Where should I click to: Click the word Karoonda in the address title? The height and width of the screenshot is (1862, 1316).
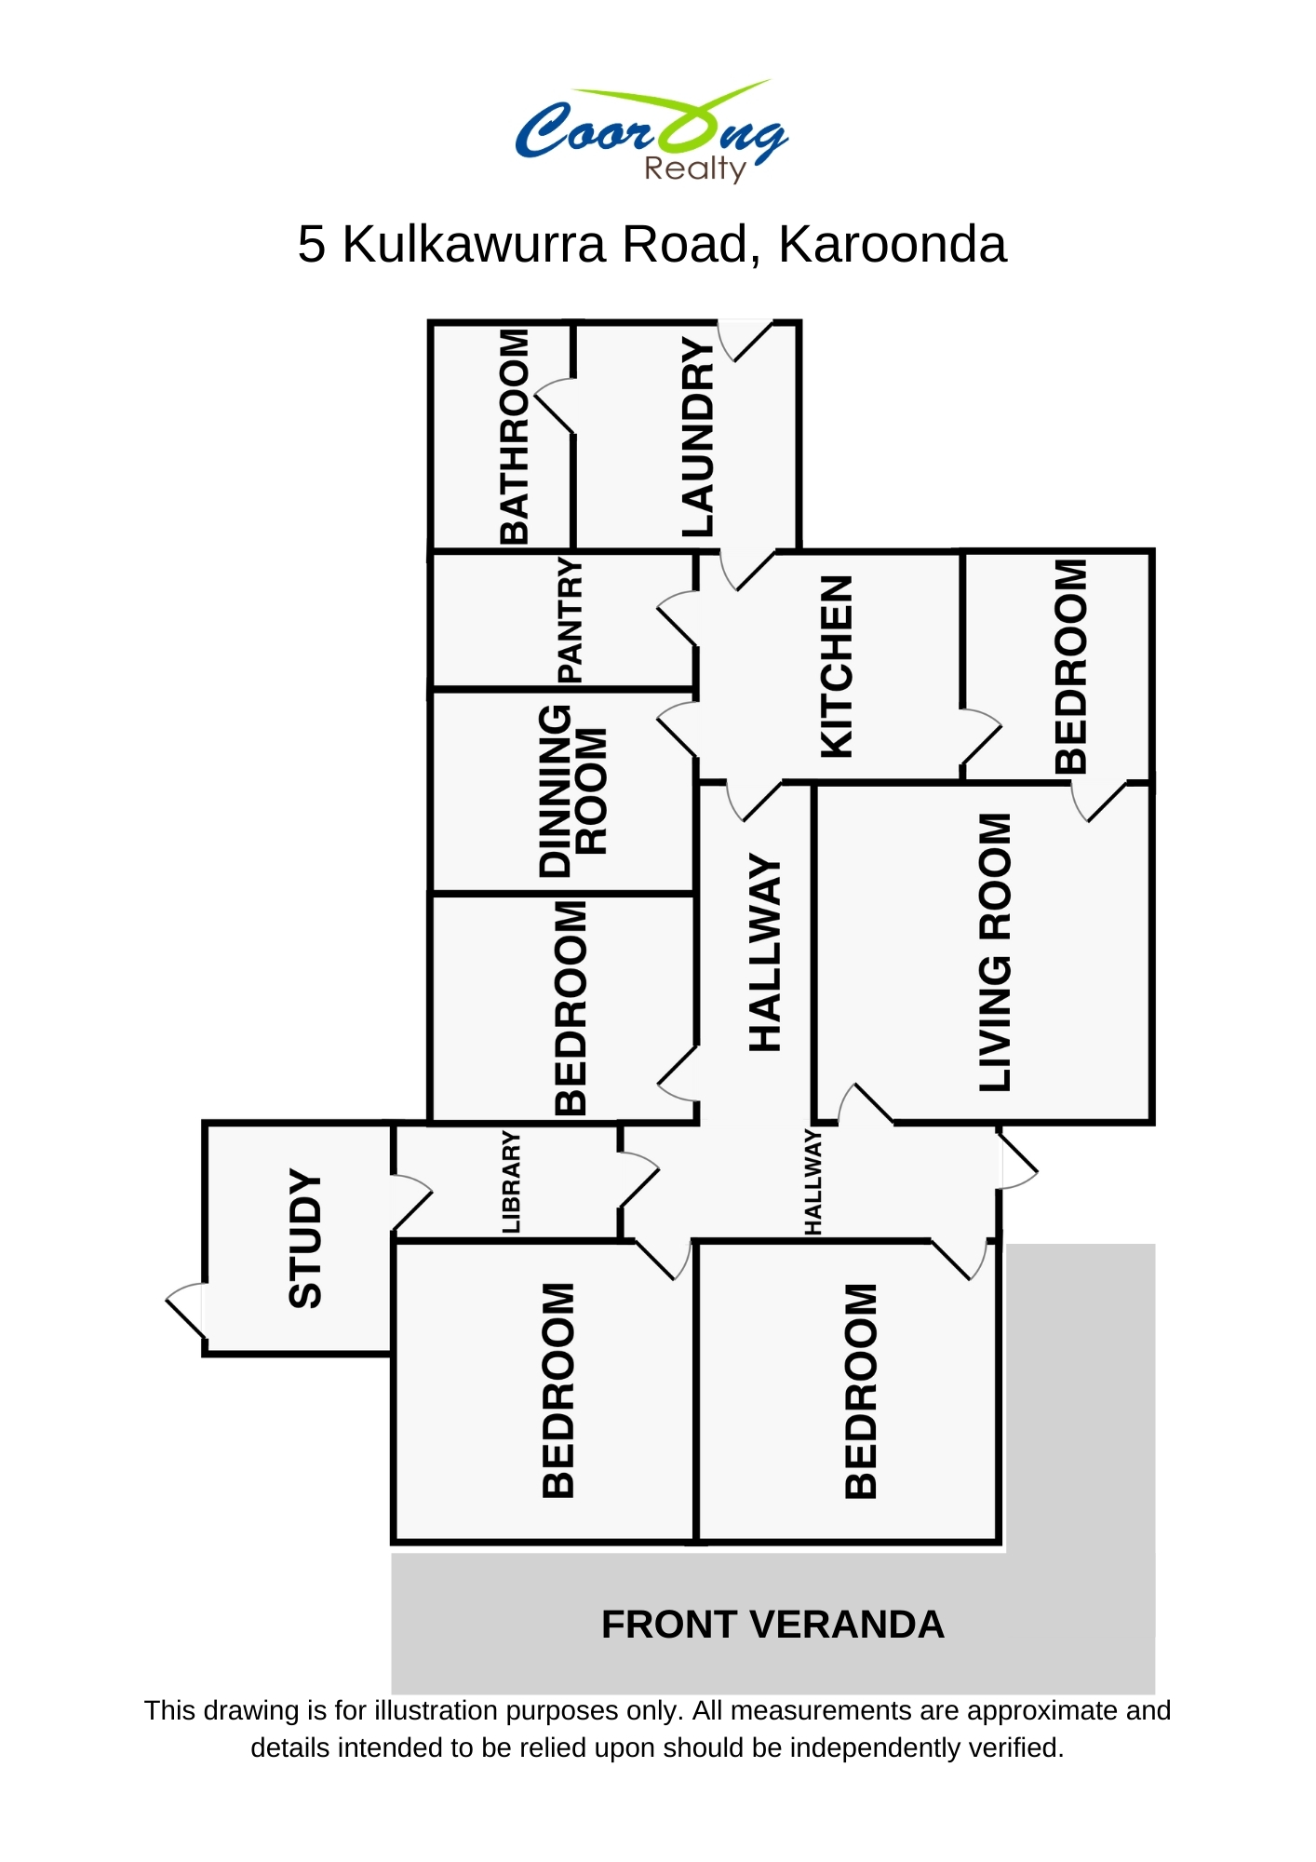pyautogui.click(x=892, y=245)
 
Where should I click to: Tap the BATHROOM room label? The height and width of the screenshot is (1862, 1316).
pyautogui.click(x=514, y=436)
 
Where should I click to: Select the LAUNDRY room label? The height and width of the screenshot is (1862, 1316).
pyautogui.click(x=698, y=438)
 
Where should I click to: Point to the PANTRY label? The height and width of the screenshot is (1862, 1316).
pyautogui.click(x=570, y=620)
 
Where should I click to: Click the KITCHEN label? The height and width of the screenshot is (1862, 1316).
pyautogui.click(x=836, y=667)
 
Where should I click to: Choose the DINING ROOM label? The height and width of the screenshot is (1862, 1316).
pyautogui.click(x=572, y=791)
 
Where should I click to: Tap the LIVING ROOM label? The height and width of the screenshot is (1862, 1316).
pyautogui.click(x=995, y=951)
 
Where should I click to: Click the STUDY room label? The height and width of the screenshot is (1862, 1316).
pyautogui.click(x=305, y=1238)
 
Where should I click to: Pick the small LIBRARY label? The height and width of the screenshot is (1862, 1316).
pyautogui.click(x=511, y=1182)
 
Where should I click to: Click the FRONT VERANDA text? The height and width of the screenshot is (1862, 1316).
pyautogui.click(x=772, y=1625)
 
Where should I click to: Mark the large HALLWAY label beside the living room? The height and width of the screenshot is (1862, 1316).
pyautogui.click(x=765, y=954)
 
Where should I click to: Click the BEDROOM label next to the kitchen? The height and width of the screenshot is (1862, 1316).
pyautogui.click(x=1070, y=667)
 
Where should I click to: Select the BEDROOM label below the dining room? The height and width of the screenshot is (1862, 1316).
pyautogui.click(x=571, y=1008)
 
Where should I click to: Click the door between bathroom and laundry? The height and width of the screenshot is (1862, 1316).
pyautogui.click(x=557, y=406)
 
